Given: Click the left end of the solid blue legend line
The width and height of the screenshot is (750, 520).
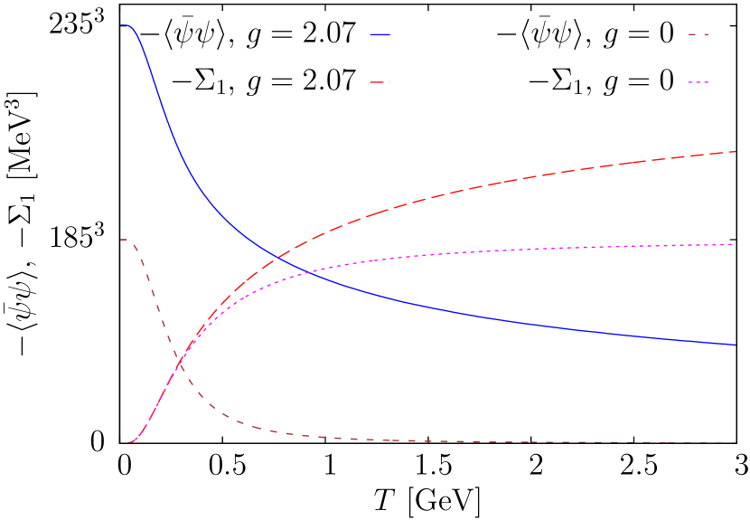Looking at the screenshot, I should [x=370, y=34].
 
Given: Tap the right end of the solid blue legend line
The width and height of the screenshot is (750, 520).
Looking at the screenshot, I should [x=389, y=34].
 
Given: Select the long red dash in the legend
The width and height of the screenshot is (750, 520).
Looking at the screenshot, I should [x=378, y=82].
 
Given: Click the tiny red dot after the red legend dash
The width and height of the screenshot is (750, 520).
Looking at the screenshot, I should [x=389, y=82].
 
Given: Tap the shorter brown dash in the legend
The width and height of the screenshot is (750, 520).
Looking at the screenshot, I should [x=705, y=34].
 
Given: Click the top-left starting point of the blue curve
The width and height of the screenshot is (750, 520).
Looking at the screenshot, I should [x=122, y=25].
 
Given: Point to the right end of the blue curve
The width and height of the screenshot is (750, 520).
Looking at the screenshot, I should [x=736, y=345].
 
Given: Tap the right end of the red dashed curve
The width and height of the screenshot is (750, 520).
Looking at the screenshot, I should [x=736, y=151].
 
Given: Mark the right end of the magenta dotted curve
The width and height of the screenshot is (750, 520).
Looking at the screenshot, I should [x=736, y=244].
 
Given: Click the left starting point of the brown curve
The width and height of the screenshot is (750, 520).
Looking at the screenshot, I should [x=122, y=240].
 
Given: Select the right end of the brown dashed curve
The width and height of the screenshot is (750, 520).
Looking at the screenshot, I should [x=736, y=442].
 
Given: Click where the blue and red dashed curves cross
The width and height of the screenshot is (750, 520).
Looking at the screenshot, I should [x=278, y=259].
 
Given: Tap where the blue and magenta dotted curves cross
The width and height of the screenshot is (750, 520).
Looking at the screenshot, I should [x=307, y=271].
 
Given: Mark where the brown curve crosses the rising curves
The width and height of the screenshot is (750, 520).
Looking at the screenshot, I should [x=180, y=364].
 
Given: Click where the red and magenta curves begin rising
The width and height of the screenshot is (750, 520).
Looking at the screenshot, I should [x=131, y=442].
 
